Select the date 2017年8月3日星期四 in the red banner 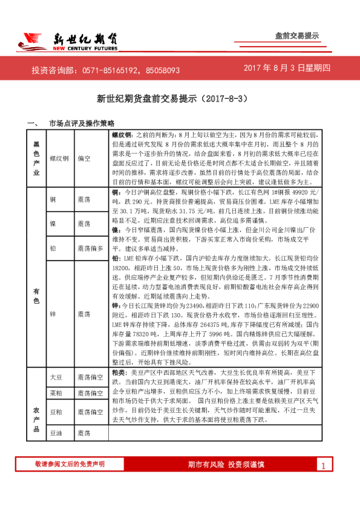coord(287,69)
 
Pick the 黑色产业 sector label coord(36,158)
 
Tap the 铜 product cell coord(53,198)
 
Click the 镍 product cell coord(53,224)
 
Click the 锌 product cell coord(53,315)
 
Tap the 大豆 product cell coord(56,377)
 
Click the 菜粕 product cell coord(56,394)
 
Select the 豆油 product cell coord(56,433)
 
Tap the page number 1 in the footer coord(324,465)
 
